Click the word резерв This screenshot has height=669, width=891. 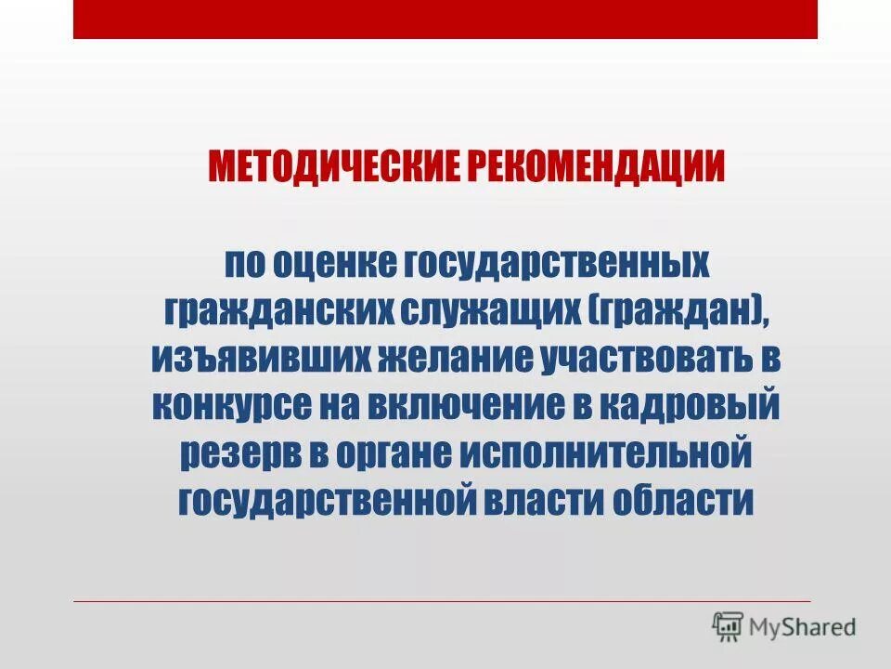click(226, 455)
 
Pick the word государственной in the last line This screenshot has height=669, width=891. click(327, 503)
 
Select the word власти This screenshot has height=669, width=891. click(543, 503)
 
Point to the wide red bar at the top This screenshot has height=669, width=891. click(445, 20)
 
